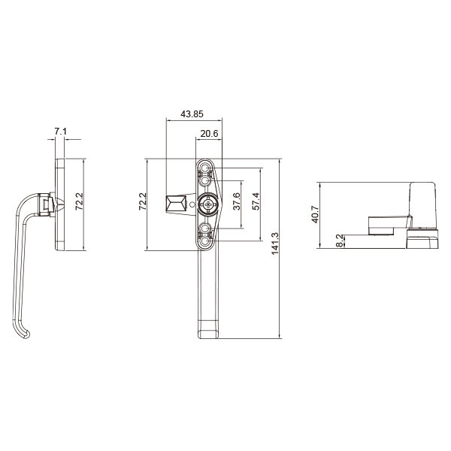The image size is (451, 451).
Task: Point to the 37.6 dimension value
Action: click(237, 203)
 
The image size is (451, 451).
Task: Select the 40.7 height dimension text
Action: click(315, 214)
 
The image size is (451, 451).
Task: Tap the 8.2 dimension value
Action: click(341, 241)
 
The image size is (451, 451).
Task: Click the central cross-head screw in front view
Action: click(208, 203)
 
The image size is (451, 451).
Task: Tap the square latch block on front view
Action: click(175, 203)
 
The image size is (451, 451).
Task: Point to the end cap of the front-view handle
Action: click(207, 331)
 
